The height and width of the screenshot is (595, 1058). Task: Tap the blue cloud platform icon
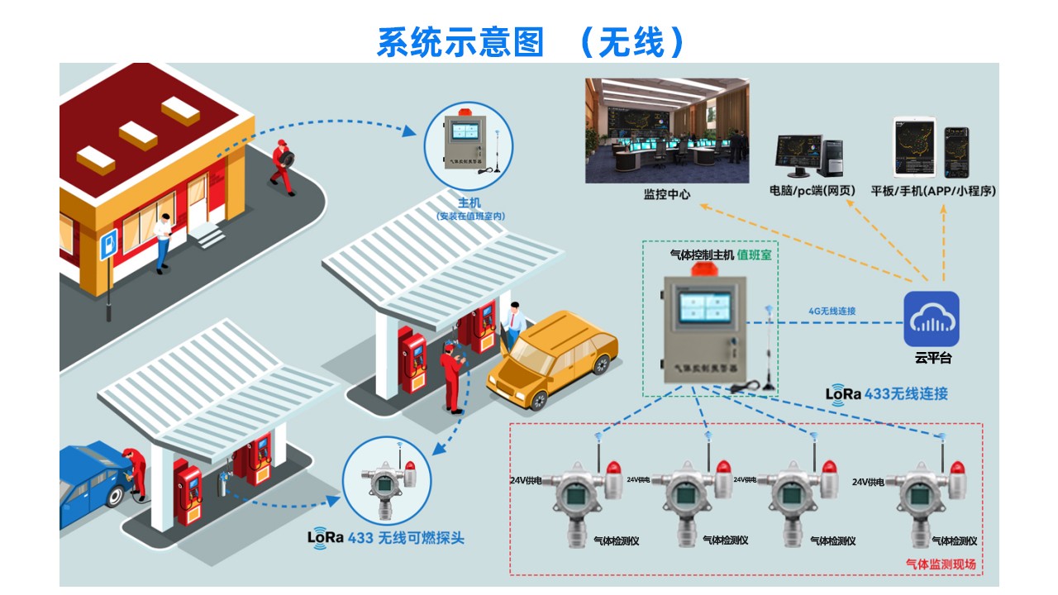click(931, 319)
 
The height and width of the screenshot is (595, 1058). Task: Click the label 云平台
click(933, 359)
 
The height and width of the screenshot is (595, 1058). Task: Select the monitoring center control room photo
click(667, 131)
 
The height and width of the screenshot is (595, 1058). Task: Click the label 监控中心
click(667, 195)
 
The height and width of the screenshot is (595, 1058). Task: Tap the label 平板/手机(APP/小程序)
click(933, 191)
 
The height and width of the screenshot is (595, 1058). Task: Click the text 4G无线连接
click(832, 312)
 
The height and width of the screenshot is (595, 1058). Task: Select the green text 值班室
click(754, 255)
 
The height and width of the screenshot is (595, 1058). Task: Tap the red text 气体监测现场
click(941, 564)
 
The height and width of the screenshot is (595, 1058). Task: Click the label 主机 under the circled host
click(469, 202)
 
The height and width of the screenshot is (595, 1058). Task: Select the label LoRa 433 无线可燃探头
click(386, 537)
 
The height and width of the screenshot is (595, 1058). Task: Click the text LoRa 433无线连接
click(887, 393)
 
